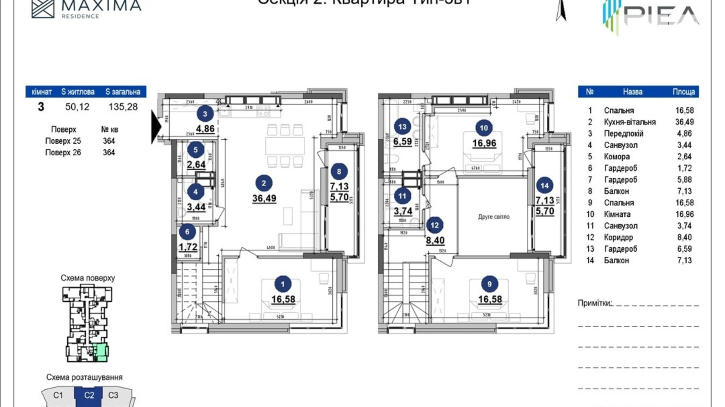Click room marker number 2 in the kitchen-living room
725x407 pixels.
pos(264,183)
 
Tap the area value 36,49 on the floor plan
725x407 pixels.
pos(264,198)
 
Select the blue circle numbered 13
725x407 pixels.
pos(402,126)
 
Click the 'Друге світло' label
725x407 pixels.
pos(493,216)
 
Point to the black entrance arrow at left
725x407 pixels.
pos(156,126)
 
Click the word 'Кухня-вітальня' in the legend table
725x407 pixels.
pos(629,122)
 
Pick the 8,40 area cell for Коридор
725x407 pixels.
pos(684,237)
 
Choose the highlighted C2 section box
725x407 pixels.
pos(89,395)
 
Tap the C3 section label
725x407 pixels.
pos(113,395)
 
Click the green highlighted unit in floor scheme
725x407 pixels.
pos(101,351)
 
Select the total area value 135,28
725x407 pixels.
pos(123,107)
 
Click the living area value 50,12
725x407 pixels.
pos(77,107)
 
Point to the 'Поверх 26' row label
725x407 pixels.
pos(63,153)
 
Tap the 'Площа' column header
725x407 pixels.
pos(683,92)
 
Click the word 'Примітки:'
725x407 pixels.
pos(594,303)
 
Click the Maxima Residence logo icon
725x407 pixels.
pos(43,8)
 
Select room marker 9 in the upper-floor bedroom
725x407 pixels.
pos(489,284)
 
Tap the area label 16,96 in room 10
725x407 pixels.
pos(484,143)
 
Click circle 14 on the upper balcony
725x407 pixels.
pos(544,185)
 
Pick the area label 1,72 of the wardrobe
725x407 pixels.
pos(188,247)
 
